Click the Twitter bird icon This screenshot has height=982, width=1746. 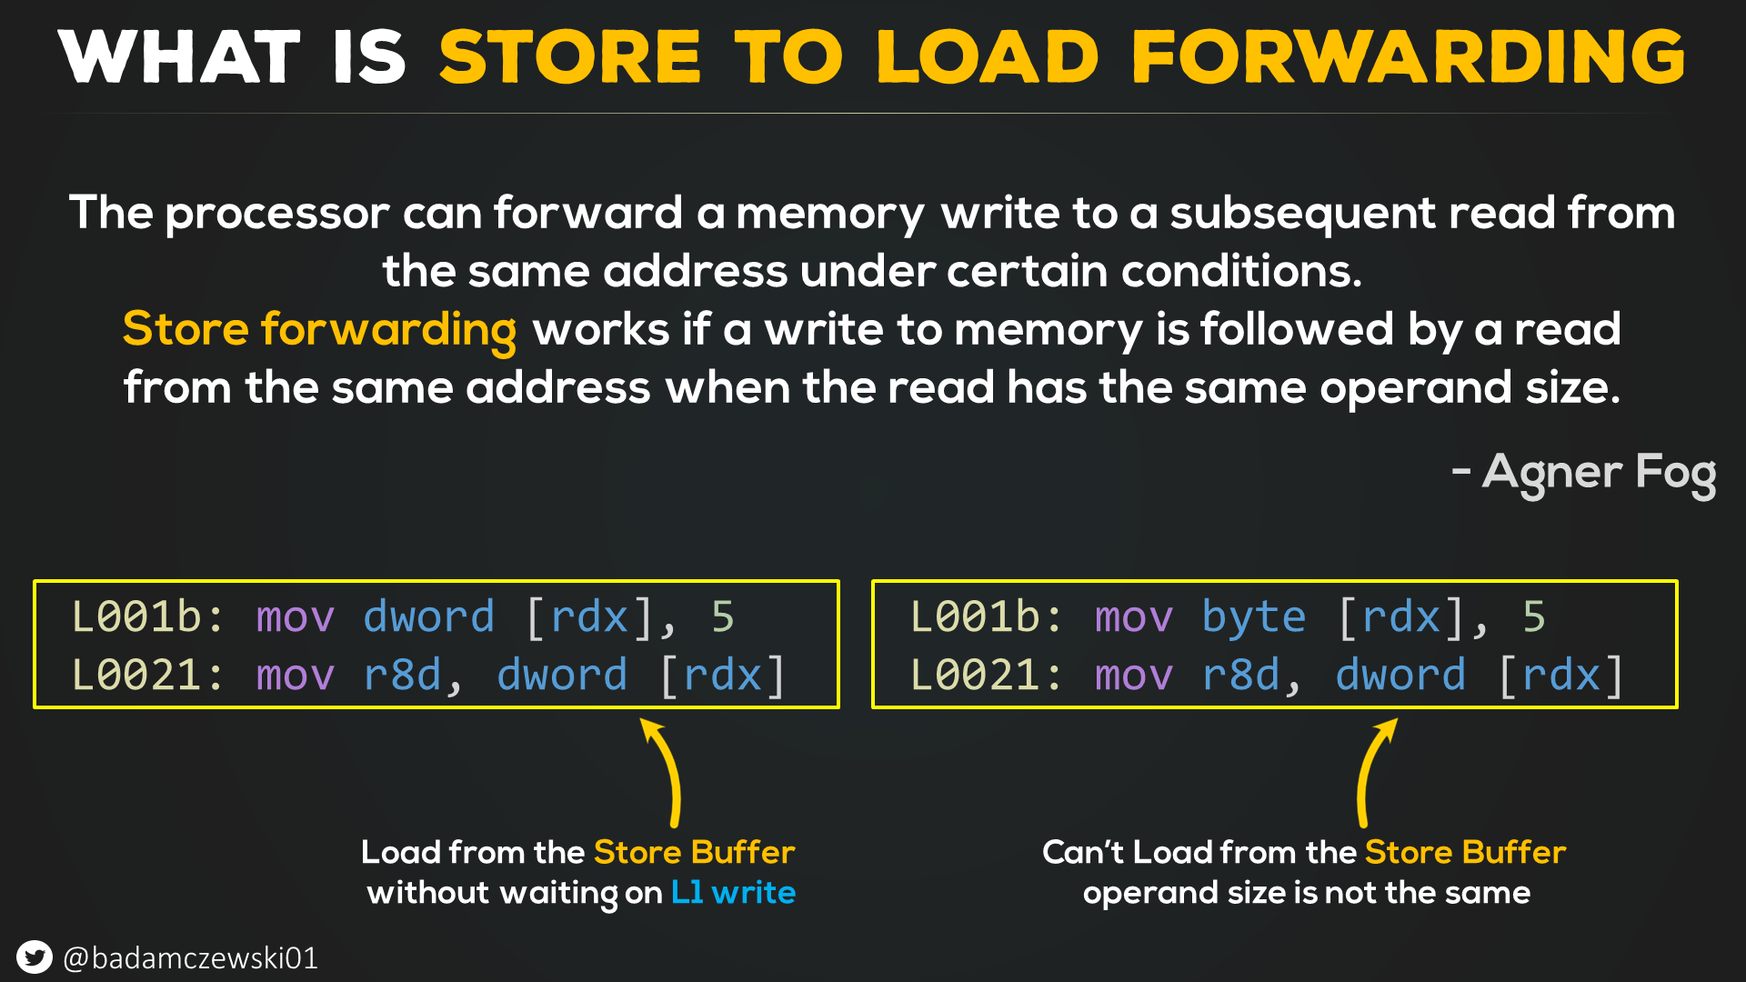35,957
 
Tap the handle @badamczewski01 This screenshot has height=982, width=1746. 191,958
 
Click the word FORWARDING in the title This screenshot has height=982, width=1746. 1409,57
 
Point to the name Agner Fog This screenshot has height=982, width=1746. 1598,473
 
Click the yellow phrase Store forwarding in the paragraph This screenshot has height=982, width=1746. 319,329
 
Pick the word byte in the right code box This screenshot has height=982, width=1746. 1253,617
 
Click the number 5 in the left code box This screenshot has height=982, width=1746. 723,617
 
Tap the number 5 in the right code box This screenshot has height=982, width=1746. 1534,617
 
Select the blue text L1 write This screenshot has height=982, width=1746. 733,893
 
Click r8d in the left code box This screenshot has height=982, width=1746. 403,676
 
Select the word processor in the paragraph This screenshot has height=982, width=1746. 277,214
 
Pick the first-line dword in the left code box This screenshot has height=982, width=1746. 428,617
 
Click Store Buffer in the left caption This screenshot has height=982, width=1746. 694,853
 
